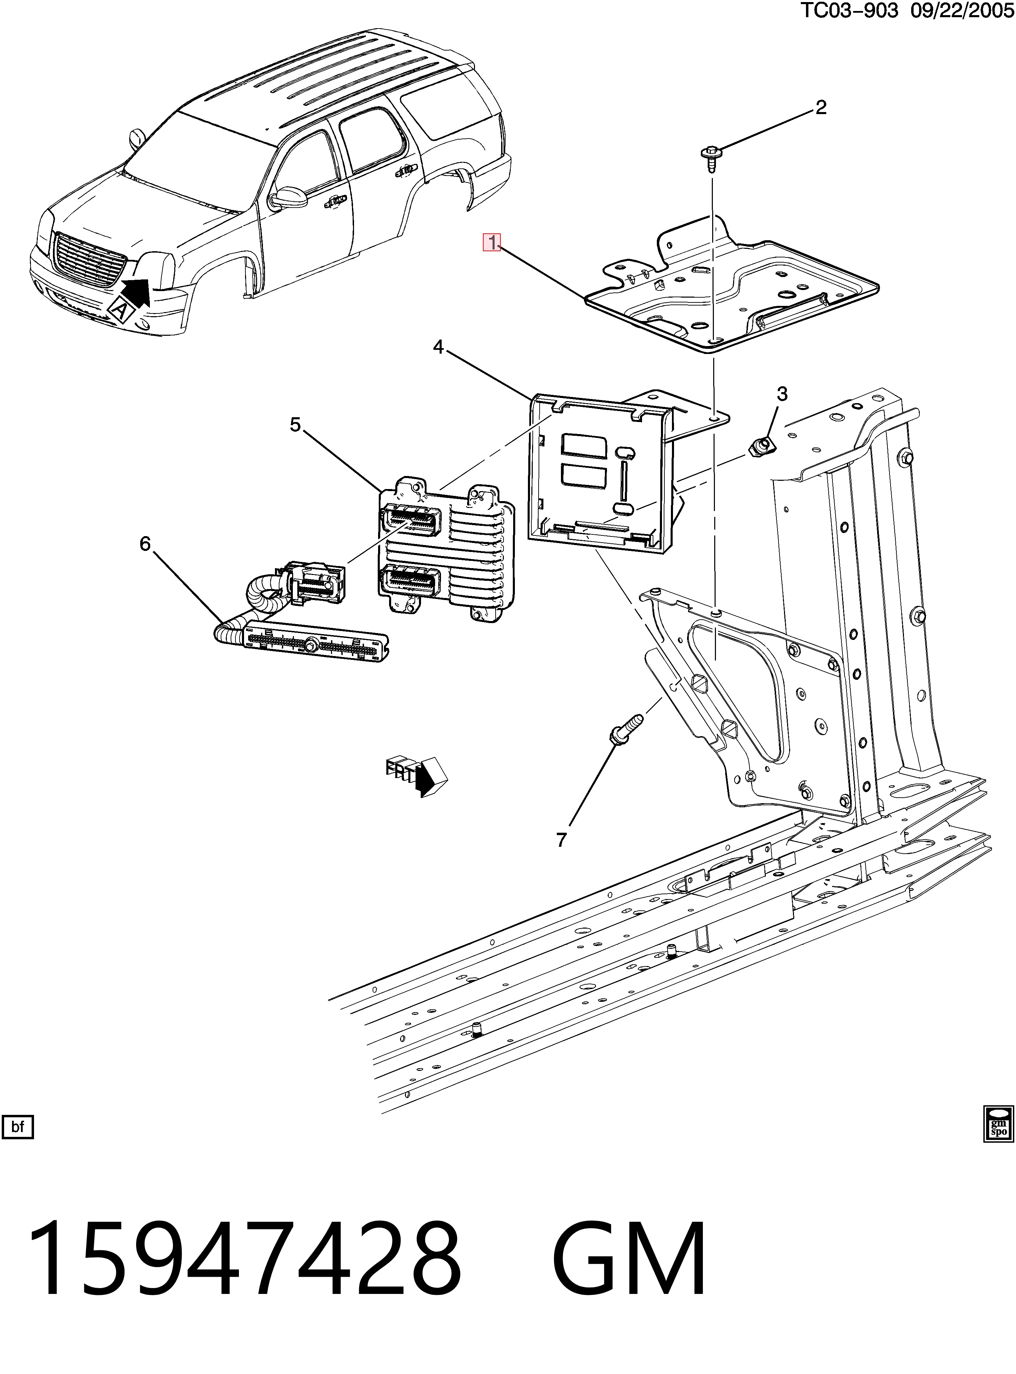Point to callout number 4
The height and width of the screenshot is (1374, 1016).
coord(438,347)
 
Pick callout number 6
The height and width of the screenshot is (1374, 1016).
coord(145,543)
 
